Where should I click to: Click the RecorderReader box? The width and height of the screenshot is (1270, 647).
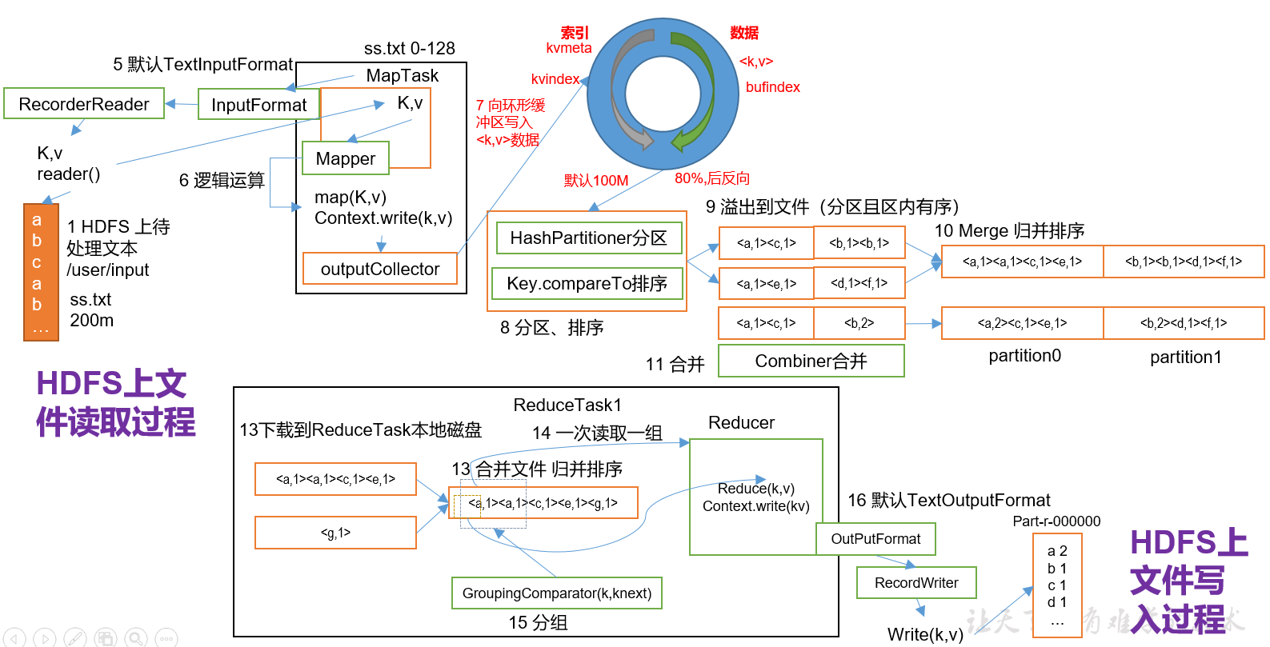click(x=84, y=104)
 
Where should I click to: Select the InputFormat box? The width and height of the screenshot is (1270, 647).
click(x=258, y=105)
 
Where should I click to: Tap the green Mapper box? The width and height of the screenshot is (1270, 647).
click(x=345, y=158)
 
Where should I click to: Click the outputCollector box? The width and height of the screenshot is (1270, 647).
click(x=380, y=269)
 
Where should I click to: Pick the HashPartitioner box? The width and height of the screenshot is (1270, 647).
click(x=588, y=238)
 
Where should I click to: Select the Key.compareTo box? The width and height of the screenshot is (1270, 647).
click(x=587, y=283)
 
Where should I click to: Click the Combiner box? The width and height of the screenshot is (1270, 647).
click(x=811, y=361)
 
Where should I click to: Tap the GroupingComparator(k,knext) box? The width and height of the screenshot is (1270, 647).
click(x=556, y=593)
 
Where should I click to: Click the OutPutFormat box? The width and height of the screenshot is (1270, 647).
click(x=875, y=539)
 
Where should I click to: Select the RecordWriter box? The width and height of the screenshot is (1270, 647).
click(x=916, y=583)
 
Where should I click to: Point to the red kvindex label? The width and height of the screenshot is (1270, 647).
click(x=555, y=79)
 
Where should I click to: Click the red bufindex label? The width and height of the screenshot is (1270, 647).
click(x=772, y=87)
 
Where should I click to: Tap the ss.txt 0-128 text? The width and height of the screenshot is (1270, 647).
click(x=409, y=49)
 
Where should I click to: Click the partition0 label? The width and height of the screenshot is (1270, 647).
click(x=1024, y=356)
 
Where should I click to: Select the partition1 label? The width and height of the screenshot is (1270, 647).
click(x=1185, y=357)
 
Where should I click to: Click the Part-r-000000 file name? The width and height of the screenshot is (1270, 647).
click(x=1056, y=521)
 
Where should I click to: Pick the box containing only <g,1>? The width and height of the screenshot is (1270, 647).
click(x=335, y=533)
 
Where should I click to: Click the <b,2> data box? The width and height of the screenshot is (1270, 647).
click(x=859, y=323)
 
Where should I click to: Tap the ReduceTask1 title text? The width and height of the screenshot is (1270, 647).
click(x=567, y=405)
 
